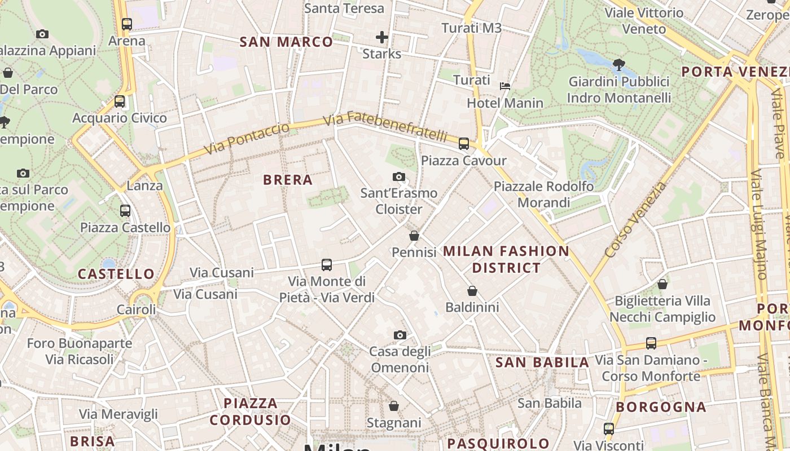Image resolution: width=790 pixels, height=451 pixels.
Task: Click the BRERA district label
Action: pos(288,180)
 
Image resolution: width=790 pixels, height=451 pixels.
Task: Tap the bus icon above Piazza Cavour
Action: pos(464,144)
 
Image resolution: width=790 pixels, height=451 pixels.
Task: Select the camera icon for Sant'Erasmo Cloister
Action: pos(399,177)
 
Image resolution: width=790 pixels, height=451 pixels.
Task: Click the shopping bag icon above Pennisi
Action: pos(414,236)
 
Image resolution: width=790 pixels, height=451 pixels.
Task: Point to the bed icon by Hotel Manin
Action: pos(505,86)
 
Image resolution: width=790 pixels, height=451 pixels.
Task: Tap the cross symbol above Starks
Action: pos(382,38)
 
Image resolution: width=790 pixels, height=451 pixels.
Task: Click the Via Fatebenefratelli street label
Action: pos(386,127)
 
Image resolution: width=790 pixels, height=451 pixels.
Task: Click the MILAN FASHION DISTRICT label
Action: pos(506,259)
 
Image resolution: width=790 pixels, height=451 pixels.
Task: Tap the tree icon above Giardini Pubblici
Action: pos(619,65)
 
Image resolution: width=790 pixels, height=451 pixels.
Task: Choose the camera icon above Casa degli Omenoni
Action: pos(400,335)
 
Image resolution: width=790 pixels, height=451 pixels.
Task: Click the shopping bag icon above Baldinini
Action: pos(472,291)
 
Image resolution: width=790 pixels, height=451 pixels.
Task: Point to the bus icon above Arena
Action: pos(127,24)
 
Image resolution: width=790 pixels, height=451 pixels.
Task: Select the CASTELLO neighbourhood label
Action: pos(116,275)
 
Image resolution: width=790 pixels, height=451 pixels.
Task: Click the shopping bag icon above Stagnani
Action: pos(394,406)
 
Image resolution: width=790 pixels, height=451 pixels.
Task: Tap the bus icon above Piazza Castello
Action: pos(125,211)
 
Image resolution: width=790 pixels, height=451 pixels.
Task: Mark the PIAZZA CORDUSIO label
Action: pos(251,412)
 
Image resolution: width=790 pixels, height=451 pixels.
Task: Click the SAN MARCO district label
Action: pos(286,42)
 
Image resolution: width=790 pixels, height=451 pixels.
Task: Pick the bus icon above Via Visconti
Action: pos(608,429)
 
